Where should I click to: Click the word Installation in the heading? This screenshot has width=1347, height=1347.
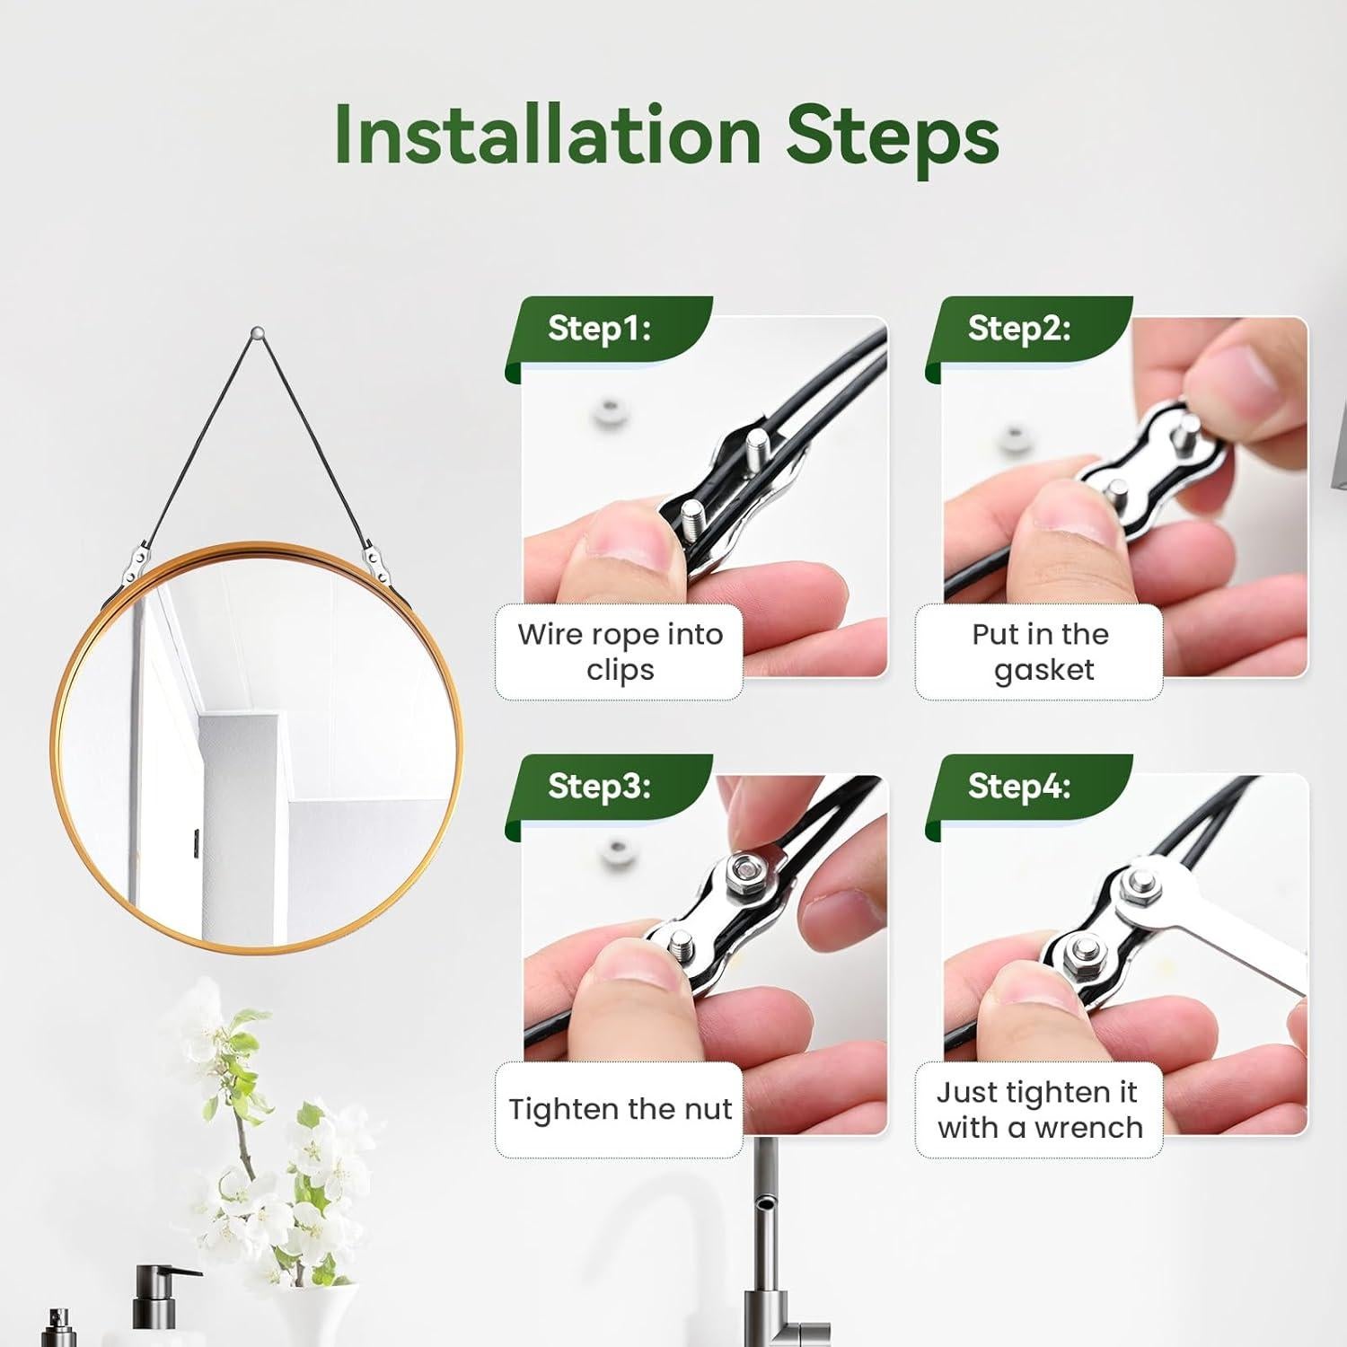pyautogui.click(x=548, y=135)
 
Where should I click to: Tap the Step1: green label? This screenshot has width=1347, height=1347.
pyautogui.click(x=599, y=329)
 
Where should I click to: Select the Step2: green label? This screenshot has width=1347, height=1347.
pyautogui.click(x=1019, y=329)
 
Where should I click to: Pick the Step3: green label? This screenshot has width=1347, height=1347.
pyautogui.click(x=599, y=786)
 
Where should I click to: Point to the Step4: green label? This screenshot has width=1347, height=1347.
pyautogui.click(x=1019, y=786)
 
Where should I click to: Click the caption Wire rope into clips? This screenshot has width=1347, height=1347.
pyautogui.click(x=620, y=652)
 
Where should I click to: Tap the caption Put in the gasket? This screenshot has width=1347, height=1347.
pyautogui.click(x=1041, y=652)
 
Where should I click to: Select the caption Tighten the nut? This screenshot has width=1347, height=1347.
pyautogui.click(x=620, y=1109)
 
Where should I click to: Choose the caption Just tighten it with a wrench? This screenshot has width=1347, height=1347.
pyautogui.click(x=1040, y=1109)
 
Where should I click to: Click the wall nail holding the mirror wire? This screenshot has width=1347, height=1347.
pyautogui.click(x=258, y=332)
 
